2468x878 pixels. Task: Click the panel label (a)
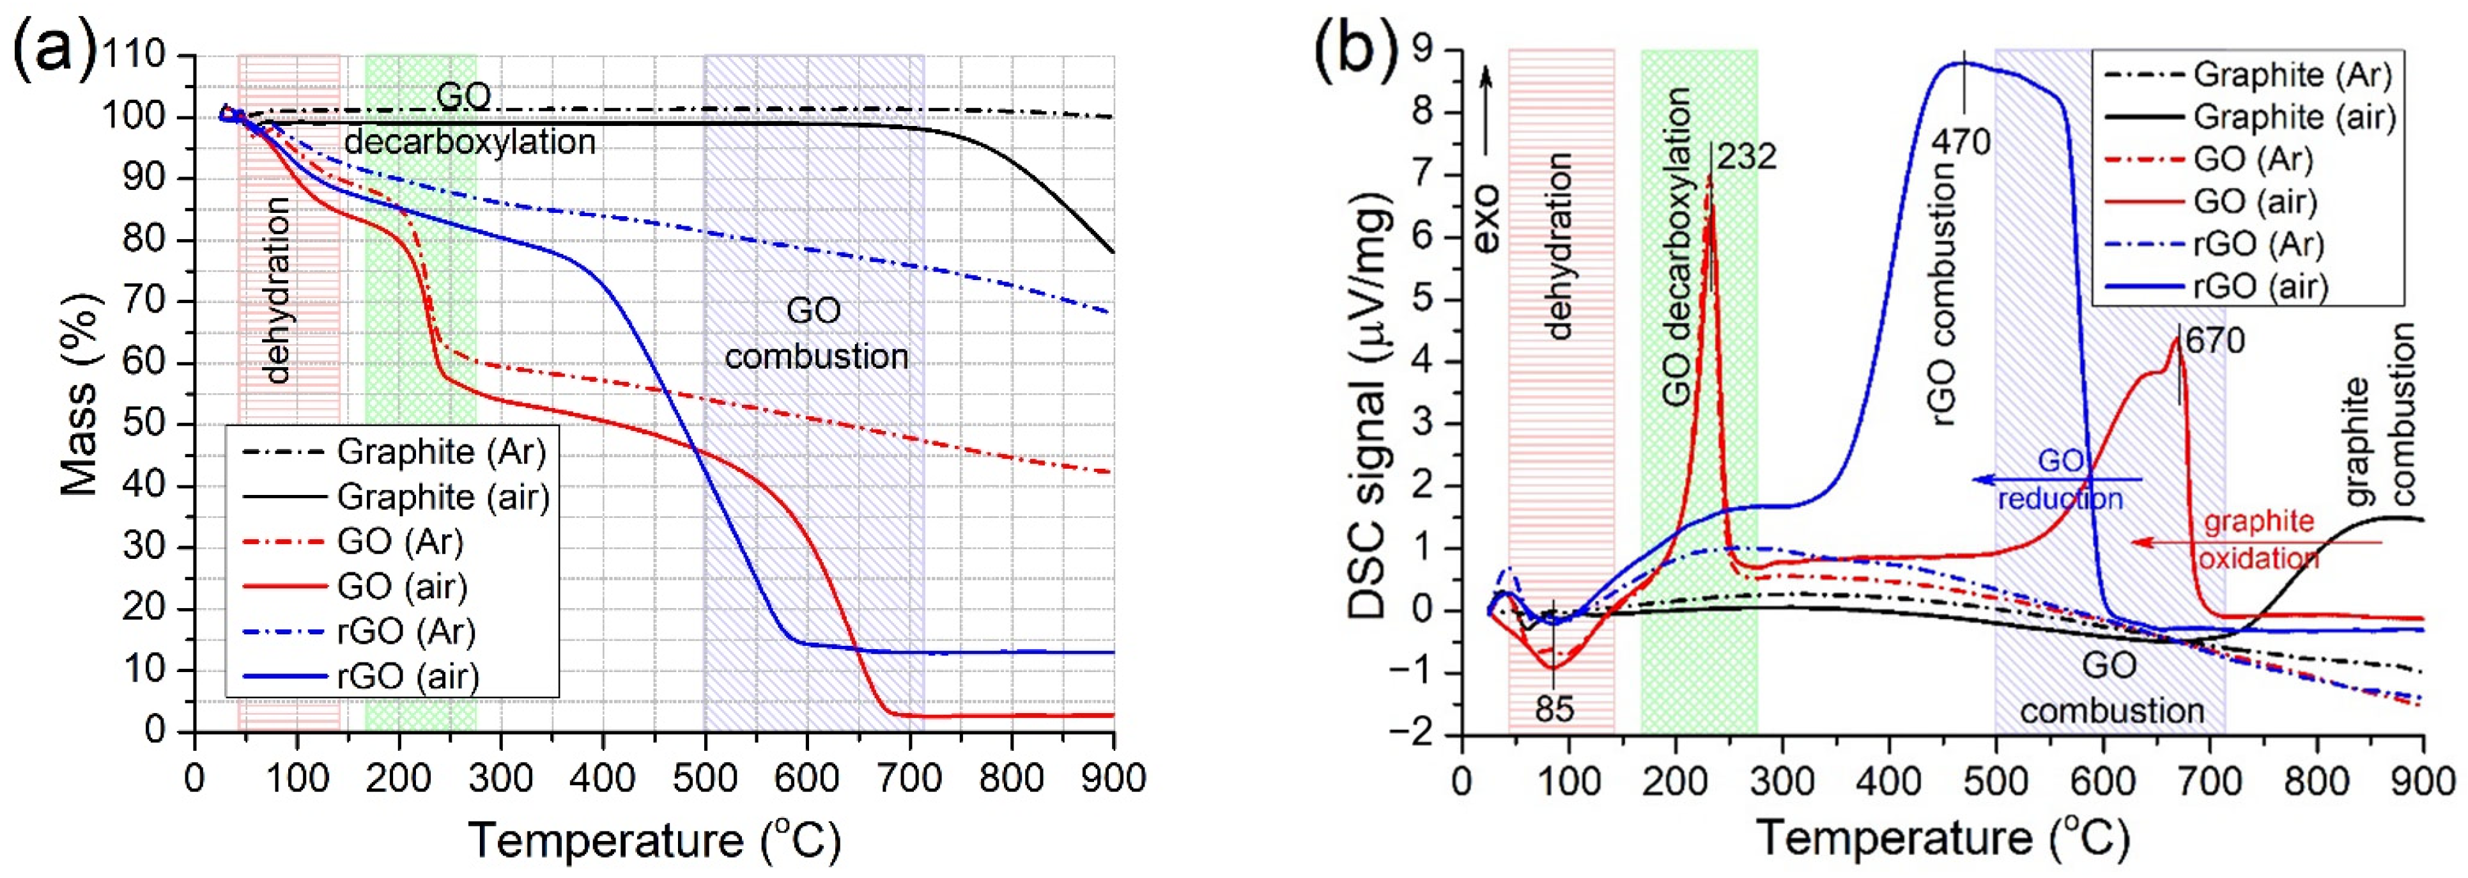[x=52, y=48]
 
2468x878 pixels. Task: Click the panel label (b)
[x=1359, y=48]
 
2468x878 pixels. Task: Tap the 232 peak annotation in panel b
[x=1746, y=156]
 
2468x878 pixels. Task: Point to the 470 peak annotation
[x=1959, y=142]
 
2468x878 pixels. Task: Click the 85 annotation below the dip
[x=1554, y=709]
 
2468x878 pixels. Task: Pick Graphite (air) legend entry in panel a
[x=443, y=496]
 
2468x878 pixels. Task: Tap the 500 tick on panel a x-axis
[x=704, y=776]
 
